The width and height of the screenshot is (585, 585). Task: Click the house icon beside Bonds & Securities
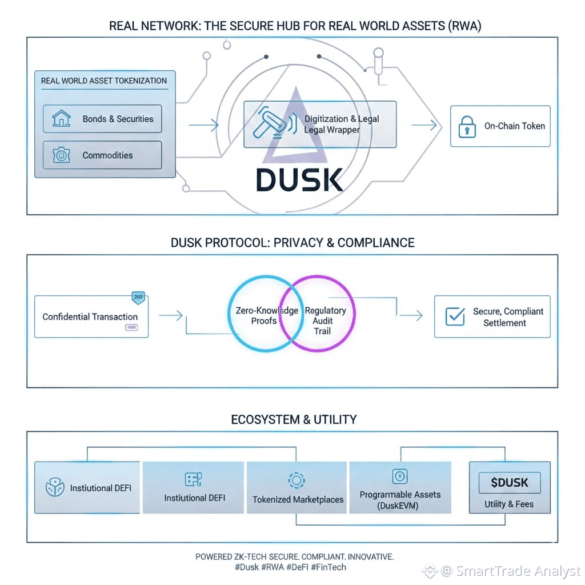click(x=61, y=119)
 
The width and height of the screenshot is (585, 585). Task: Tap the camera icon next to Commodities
click(x=61, y=155)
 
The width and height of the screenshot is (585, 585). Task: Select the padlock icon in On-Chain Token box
click(x=467, y=126)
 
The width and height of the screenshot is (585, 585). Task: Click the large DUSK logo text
click(x=299, y=179)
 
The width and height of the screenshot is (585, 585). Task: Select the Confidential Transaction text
click(x=90, y=316)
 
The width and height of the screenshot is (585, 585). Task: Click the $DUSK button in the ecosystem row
click(x=509, y=483)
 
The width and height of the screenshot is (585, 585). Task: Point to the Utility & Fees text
click(x=509, y=504)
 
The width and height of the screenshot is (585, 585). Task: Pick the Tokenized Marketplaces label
click(x=298, y=499)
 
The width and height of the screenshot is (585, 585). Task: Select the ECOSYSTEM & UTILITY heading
click(x=294, y=420)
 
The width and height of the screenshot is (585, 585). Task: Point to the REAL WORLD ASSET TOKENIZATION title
click(x=104, y=81)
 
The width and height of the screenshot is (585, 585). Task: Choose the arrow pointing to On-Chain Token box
click(x=426, y=125)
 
